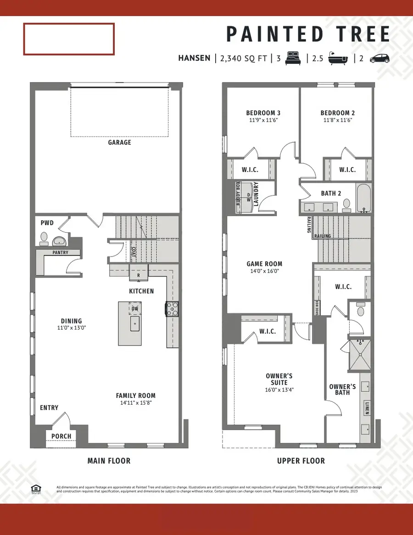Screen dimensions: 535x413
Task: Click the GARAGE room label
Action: click(119, 142)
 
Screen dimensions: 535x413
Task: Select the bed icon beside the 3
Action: click(292, 58)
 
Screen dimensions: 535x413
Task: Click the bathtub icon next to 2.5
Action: click(338, 59)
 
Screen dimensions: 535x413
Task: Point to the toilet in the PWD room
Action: click(44, 237)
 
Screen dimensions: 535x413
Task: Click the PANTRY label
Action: click(60, 252)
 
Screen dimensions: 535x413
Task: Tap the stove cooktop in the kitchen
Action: click(172, 309)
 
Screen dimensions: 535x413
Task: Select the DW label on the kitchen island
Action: click(135, 309)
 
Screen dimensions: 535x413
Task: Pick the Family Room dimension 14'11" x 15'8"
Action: click(135, 403)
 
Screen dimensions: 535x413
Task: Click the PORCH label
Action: click(61, 436)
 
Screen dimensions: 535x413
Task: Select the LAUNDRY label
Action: click(256, 194)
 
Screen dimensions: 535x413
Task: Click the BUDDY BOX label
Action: click(238, 197)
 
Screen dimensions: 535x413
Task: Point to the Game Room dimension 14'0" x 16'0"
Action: click(264, 271)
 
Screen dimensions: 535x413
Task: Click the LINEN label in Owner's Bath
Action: click(367, 407)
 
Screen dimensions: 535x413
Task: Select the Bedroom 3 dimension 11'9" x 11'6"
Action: click(263, 120)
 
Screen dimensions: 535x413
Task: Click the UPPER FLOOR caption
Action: click(301, 461)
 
